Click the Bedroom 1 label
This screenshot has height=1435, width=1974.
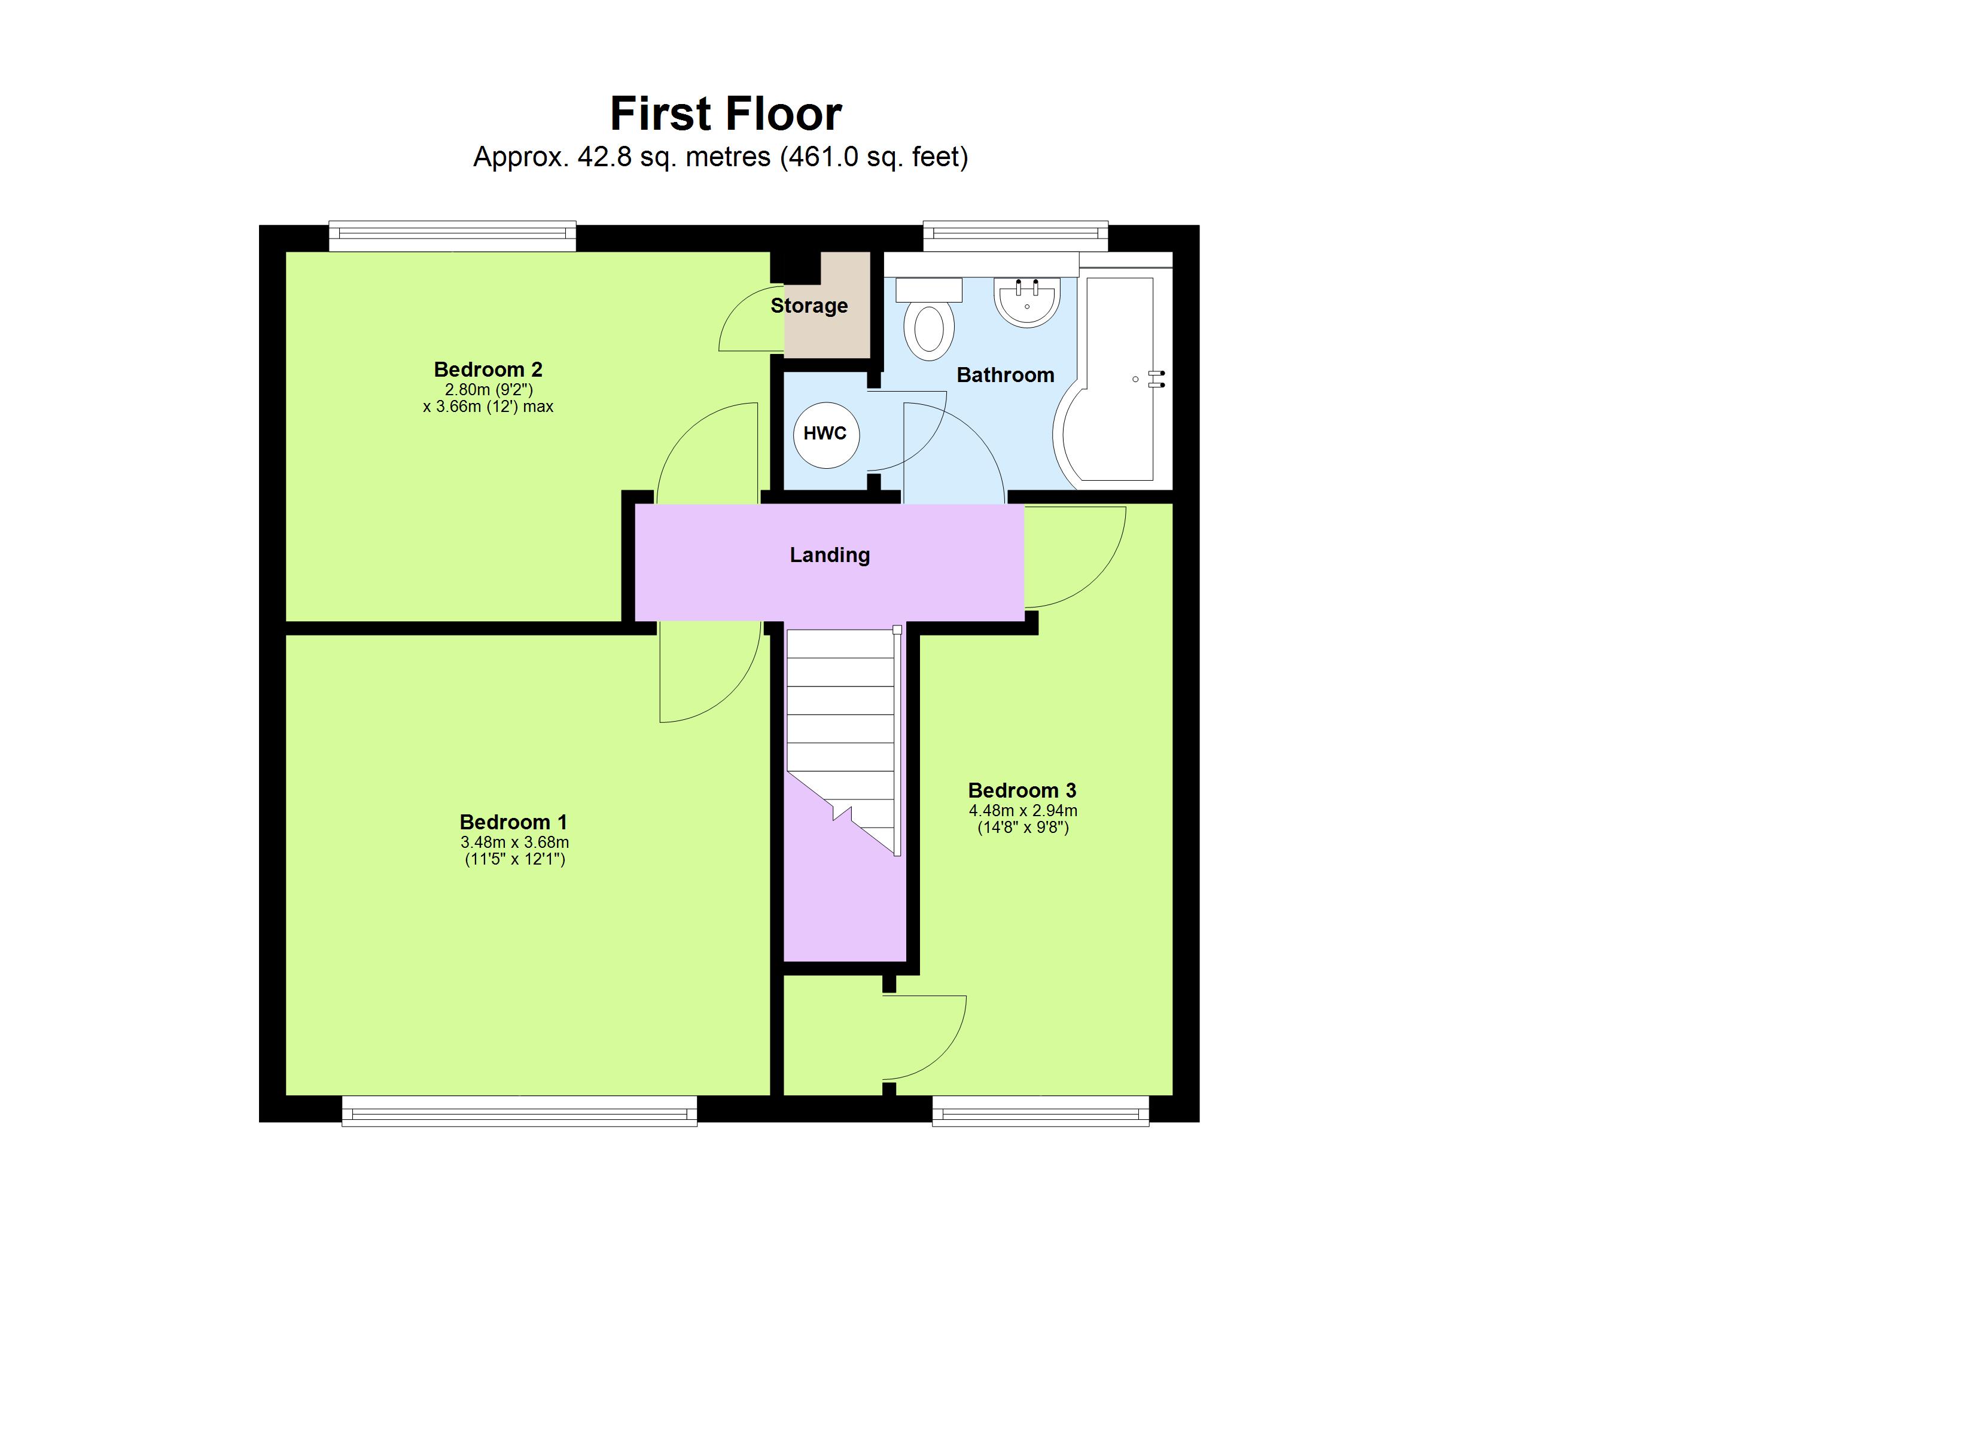513,822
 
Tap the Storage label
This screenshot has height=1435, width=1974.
809,306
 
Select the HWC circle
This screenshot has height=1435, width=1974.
825,434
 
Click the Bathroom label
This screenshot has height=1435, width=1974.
1006,375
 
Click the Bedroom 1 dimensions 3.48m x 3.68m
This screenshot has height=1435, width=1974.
514,842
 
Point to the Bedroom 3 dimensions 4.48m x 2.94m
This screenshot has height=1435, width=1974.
1023,811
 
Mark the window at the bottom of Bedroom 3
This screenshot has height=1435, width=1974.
1040,1112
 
